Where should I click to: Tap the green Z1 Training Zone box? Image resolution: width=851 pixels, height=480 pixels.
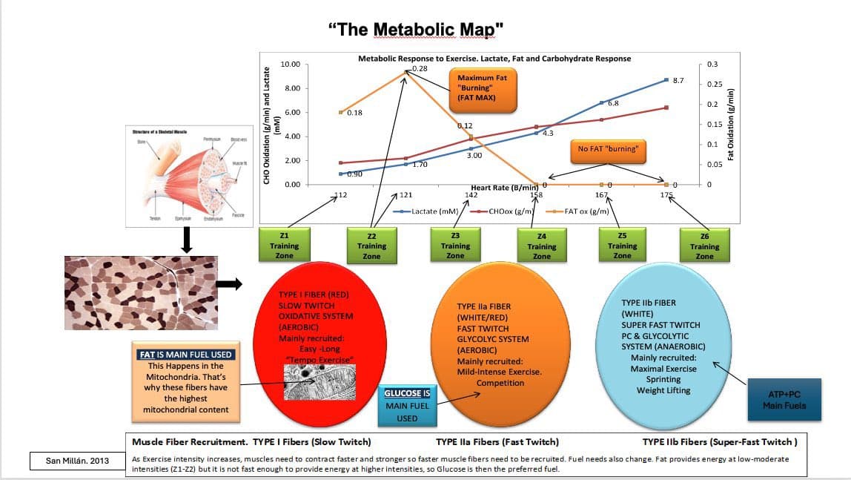click(284, 245)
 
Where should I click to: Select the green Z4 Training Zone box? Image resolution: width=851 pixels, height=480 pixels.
click(542, 246)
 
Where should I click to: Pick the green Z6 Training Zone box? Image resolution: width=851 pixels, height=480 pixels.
click(704, 246)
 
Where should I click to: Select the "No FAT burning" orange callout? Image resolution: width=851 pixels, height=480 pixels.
click(607, 148)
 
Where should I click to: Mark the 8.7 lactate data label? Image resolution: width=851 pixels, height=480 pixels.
click(678, 80)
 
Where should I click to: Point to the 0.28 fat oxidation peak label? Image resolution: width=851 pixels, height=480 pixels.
click(421, 68)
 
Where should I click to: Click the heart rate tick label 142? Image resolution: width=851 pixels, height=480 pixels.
click(471, 195)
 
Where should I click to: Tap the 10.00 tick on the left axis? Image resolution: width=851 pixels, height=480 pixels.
click(291, 65)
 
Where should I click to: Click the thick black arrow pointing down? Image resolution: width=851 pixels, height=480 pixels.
click(187, 239)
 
